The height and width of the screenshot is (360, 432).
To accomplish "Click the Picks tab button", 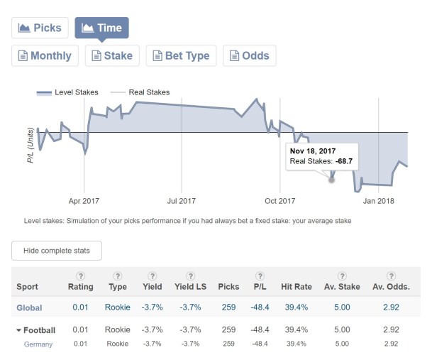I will (40, 28).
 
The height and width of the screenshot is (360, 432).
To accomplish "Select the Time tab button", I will (101, 28).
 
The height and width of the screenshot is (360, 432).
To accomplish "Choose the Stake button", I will (111, 55).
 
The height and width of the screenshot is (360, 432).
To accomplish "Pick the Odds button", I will (250, 55).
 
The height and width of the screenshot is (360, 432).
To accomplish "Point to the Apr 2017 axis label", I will (84, 201).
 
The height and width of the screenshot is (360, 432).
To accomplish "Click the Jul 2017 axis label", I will (182, 201).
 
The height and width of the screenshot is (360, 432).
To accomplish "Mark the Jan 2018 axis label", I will (378, 201).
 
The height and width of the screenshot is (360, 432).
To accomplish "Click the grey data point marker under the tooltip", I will (331, 180).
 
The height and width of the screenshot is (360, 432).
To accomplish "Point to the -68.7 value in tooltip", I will (345, 162).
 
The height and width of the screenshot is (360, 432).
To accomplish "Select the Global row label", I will (31, 307).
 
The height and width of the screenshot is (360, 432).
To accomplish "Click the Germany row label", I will (39, 344).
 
